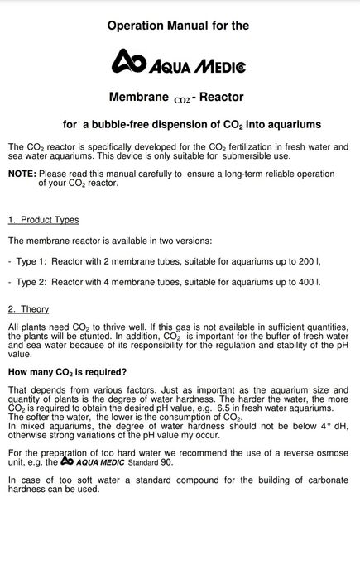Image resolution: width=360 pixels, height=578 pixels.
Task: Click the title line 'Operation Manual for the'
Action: [178, 26]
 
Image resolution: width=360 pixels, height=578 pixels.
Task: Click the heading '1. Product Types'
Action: [44, 220]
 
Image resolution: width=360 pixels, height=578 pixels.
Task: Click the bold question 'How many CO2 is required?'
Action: [67, 372]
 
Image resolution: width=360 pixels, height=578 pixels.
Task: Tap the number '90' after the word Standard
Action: [166, 462]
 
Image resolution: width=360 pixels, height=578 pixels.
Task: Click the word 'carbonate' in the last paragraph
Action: [323, 480]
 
